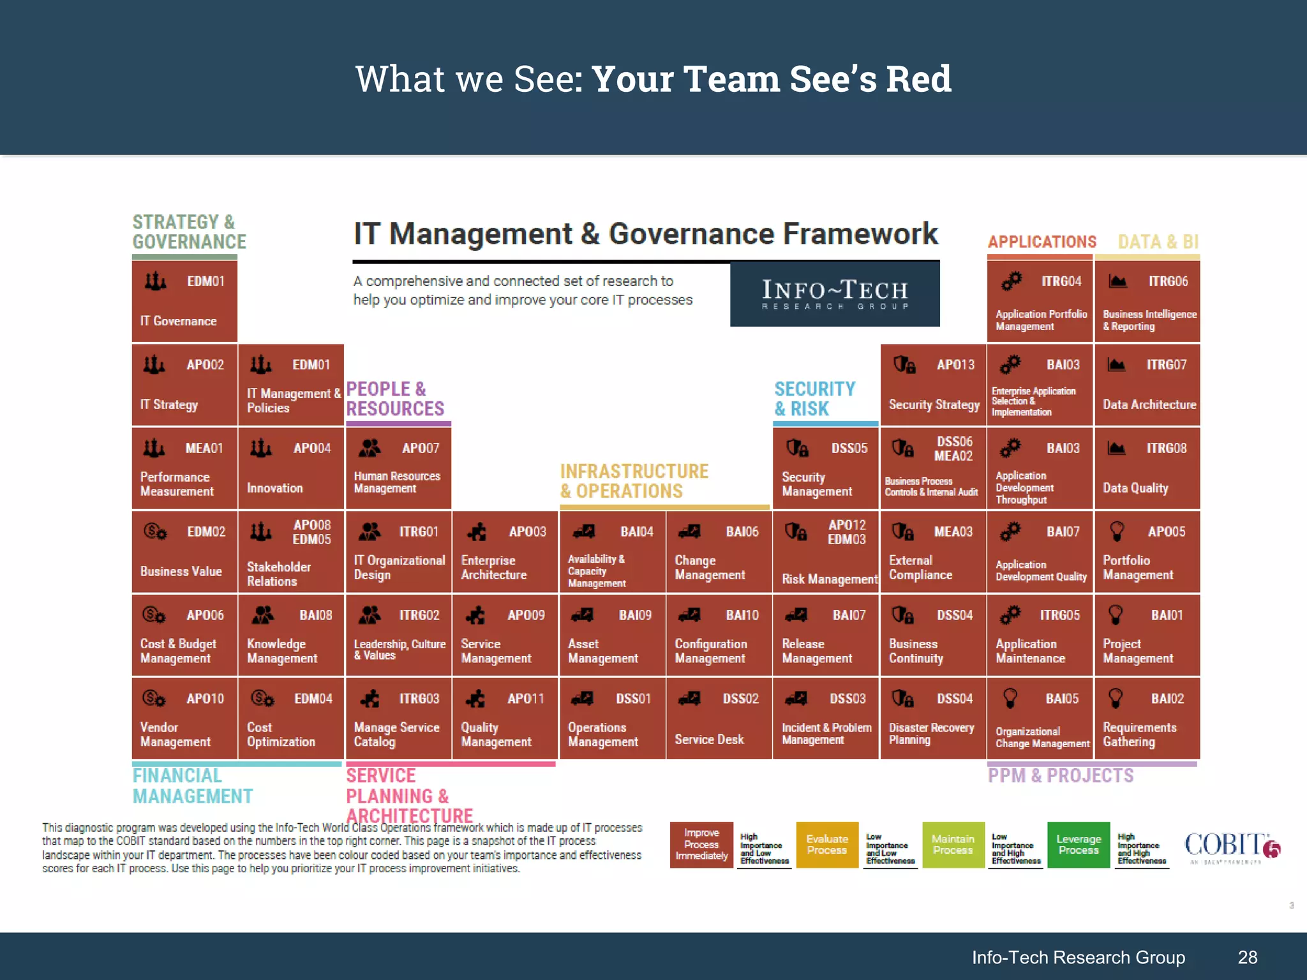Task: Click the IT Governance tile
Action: click(184, 301)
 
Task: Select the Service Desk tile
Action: click(719, 718)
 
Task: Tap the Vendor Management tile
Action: click(184, 718)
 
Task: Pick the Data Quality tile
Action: click(1147, 468)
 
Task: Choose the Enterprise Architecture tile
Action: click(505, 552)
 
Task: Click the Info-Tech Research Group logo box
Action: click(835, 295)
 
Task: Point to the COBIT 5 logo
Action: click(1232, 847)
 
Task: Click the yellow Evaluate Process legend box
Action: click(827, 845)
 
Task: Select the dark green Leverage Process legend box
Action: click(1079, 845)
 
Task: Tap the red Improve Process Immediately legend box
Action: click(701, 845)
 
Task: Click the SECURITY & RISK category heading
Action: click(814, 399)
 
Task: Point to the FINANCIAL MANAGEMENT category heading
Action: click(192, 786)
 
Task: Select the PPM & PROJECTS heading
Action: click(1061, 776)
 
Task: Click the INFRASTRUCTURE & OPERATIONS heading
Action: click(634, 481)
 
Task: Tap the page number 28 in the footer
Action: click(1248, 957)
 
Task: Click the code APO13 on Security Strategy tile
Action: click(955, 365)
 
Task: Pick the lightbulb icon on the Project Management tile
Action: click(1116, 615)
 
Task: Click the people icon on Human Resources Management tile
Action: click(370, 448)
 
